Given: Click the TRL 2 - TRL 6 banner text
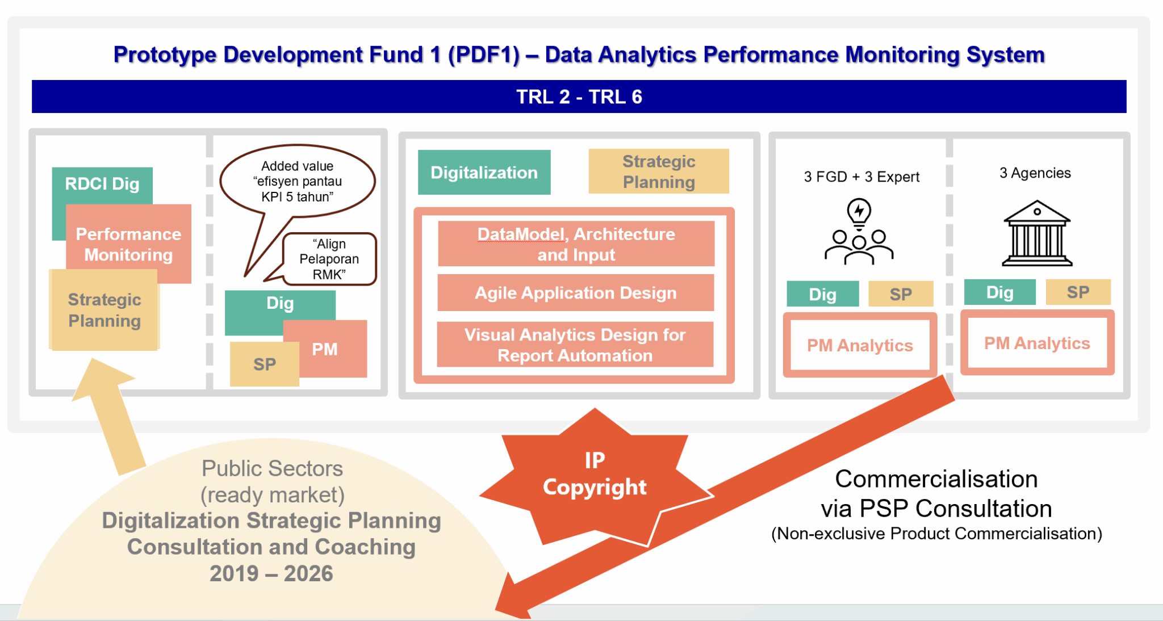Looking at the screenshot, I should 579,97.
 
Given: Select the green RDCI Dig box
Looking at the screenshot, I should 102,184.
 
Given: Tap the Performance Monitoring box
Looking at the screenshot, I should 129,244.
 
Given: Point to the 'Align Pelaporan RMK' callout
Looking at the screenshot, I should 329,259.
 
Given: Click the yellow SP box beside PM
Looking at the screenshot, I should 264,364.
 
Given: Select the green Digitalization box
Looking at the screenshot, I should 484,173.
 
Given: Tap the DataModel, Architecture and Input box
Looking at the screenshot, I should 576,244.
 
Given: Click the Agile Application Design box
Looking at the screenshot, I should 575,293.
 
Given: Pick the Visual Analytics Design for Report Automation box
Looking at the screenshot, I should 575,345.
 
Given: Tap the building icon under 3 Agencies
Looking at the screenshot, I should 1037,233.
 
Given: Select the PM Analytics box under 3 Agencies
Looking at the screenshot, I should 1037,343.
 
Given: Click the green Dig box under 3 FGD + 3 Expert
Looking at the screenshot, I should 822,294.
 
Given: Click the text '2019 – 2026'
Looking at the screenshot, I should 271,573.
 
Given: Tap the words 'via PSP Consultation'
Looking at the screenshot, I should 936,509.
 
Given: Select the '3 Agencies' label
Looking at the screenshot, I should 1035,173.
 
